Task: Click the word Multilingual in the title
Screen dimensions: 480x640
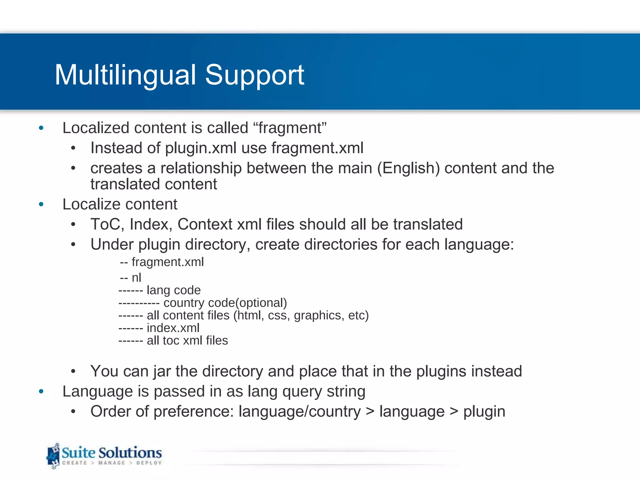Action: [x=125, y=75]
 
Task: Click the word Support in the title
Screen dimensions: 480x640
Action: [x=254, y=75]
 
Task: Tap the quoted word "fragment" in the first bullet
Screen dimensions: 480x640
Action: [x=290, y=128]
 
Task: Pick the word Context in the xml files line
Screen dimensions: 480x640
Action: [x=205, y=224]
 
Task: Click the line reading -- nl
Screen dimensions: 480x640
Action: [x=131, y=277]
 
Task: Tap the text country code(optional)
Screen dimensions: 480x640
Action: [x=225, y=303]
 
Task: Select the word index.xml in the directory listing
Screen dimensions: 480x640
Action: [x=173, y=328]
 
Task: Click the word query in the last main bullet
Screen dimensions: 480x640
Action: [x=302, y=392]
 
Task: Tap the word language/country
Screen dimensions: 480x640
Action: [x=299, y=412]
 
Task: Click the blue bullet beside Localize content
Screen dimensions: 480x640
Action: [x=41, y=204]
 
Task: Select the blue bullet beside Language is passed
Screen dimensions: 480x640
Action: [x=41, y=391]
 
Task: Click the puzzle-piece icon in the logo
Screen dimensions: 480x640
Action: [x=53, y=456]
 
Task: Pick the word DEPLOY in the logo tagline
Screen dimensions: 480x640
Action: [x=149, y=463]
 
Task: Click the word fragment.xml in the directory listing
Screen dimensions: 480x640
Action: [x=167, y=262]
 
